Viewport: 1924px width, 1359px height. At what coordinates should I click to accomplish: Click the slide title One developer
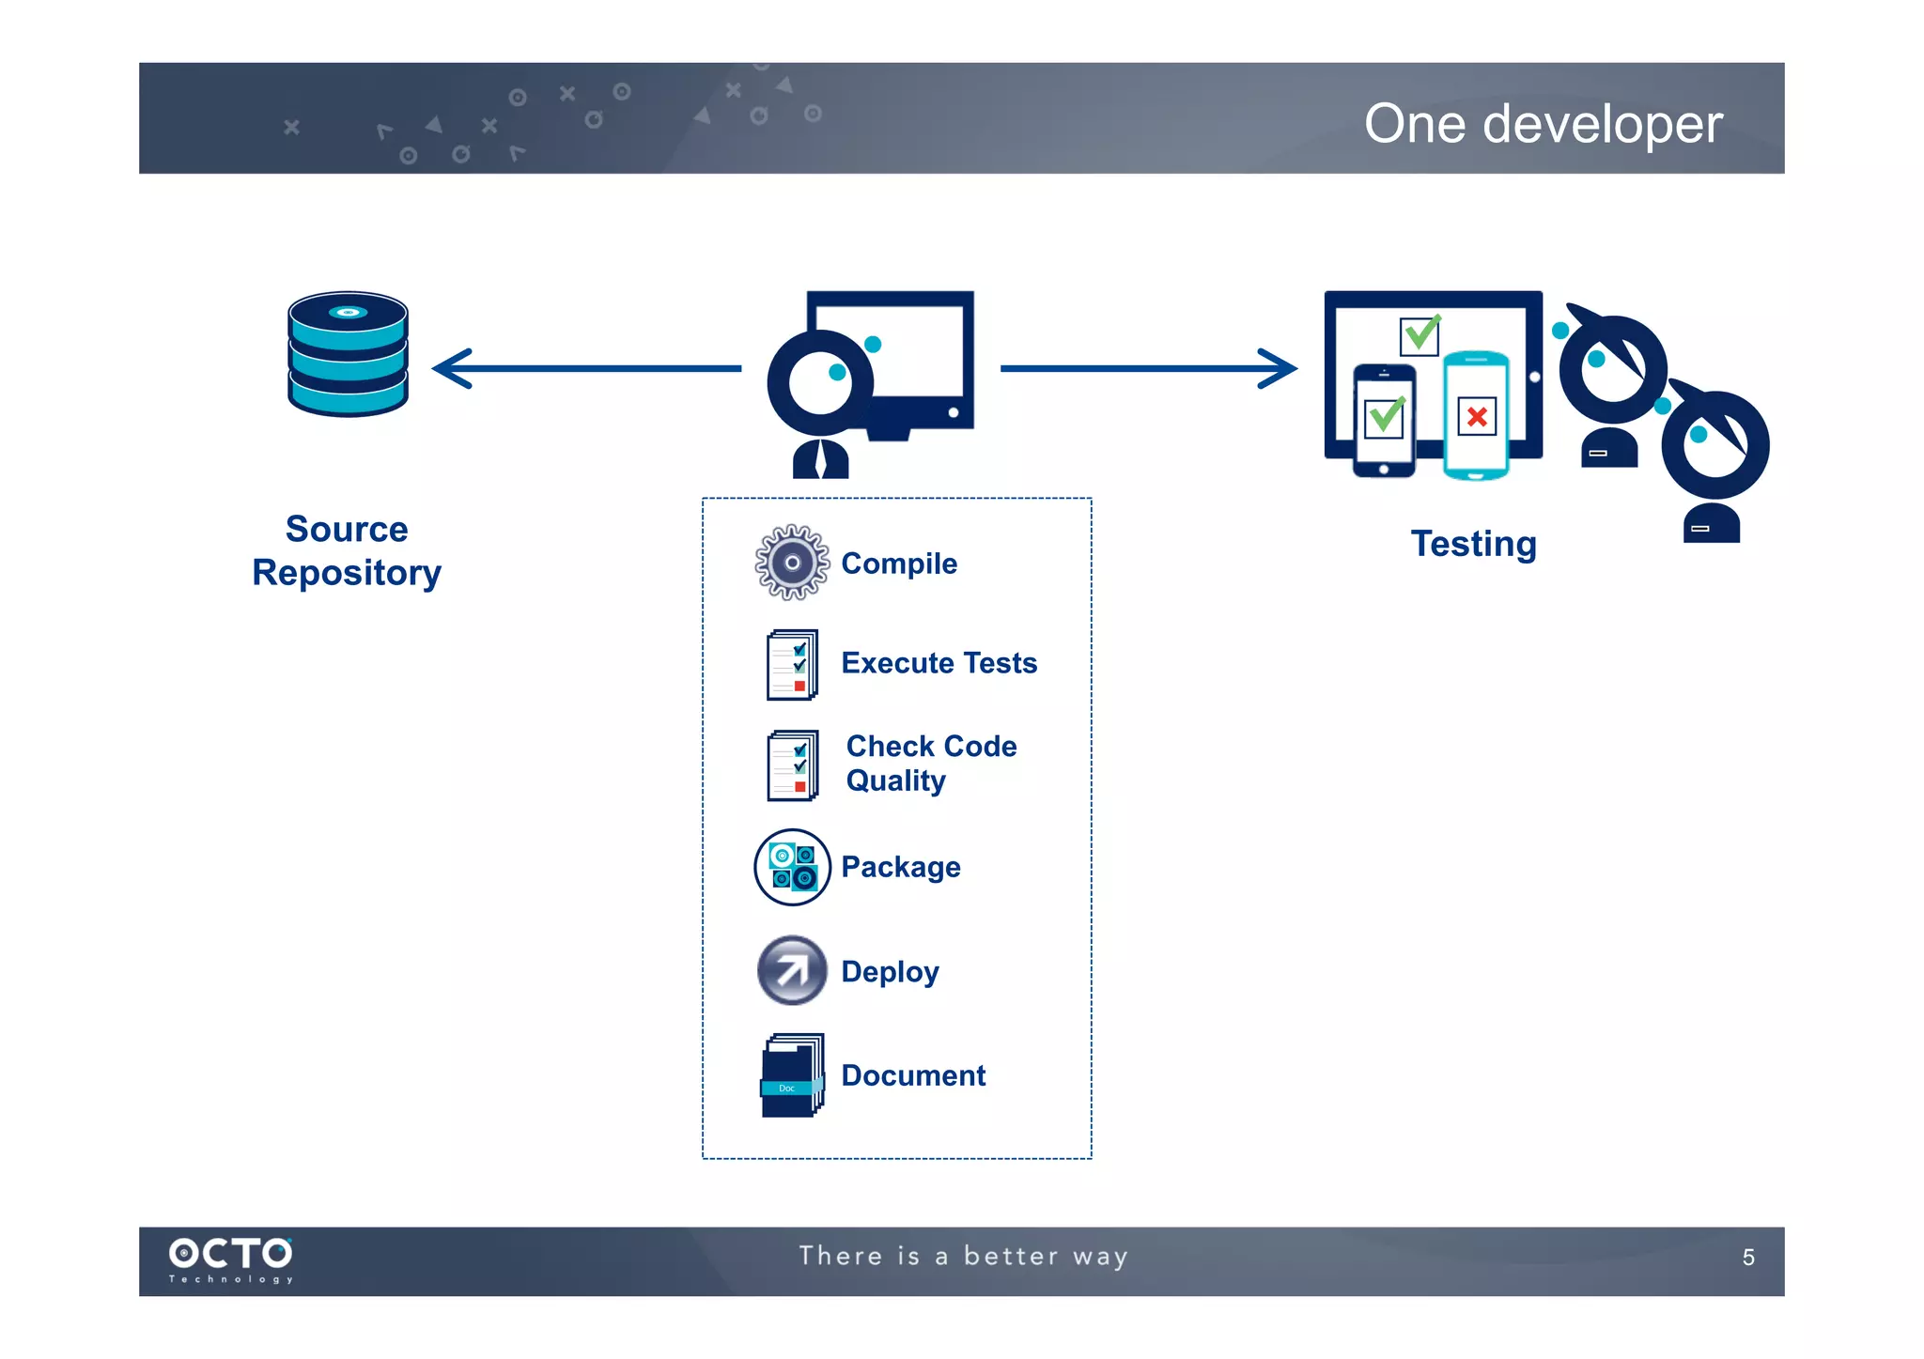(x=1543, y=124)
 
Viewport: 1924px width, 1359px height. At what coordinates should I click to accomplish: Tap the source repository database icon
(x=348, y=354)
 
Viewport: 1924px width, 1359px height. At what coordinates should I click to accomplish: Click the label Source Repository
(x=347, y=551)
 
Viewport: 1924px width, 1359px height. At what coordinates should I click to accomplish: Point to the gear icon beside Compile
(x=792, y=563)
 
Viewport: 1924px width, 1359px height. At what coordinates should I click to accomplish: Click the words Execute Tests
(x=939, y=663)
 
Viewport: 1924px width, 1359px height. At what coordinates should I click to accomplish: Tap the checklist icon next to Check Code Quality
(x=793, y=765)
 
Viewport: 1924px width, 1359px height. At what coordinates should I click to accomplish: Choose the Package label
(x=900, y=867)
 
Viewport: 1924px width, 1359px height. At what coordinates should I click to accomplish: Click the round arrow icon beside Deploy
(x=792, y=970)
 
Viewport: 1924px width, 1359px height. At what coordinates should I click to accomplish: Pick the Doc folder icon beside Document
(x=792, y=1075)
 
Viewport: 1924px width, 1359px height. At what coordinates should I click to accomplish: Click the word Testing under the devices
(x=1473, y=544)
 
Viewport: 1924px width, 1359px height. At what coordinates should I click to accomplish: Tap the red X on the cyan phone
(x=1477, y=416)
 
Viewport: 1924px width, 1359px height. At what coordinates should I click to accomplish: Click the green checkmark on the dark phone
(x=1385, y=416)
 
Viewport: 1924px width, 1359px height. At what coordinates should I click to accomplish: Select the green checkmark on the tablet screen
(x=1420, y=334)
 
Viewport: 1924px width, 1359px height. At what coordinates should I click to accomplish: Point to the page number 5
(x=1747, y=1258)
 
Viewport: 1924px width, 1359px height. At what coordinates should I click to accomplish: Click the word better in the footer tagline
(x=1011, y=1257)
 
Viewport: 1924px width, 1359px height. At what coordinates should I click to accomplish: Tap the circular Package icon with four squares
(x=792, y=867)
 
